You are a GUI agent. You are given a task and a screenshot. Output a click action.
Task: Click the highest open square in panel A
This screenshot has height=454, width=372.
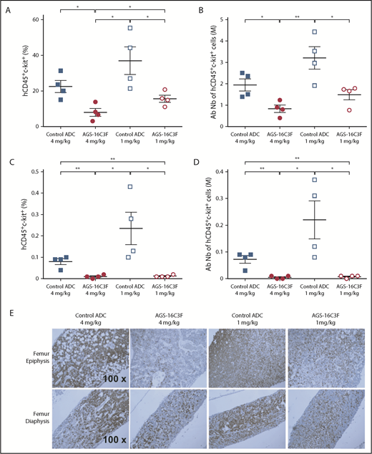click(129, 28)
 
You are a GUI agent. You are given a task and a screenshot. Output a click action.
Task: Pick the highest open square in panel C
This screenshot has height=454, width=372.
click(129, 187)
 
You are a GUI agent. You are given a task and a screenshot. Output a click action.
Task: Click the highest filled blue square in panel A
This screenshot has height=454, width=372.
click(61, 71)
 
